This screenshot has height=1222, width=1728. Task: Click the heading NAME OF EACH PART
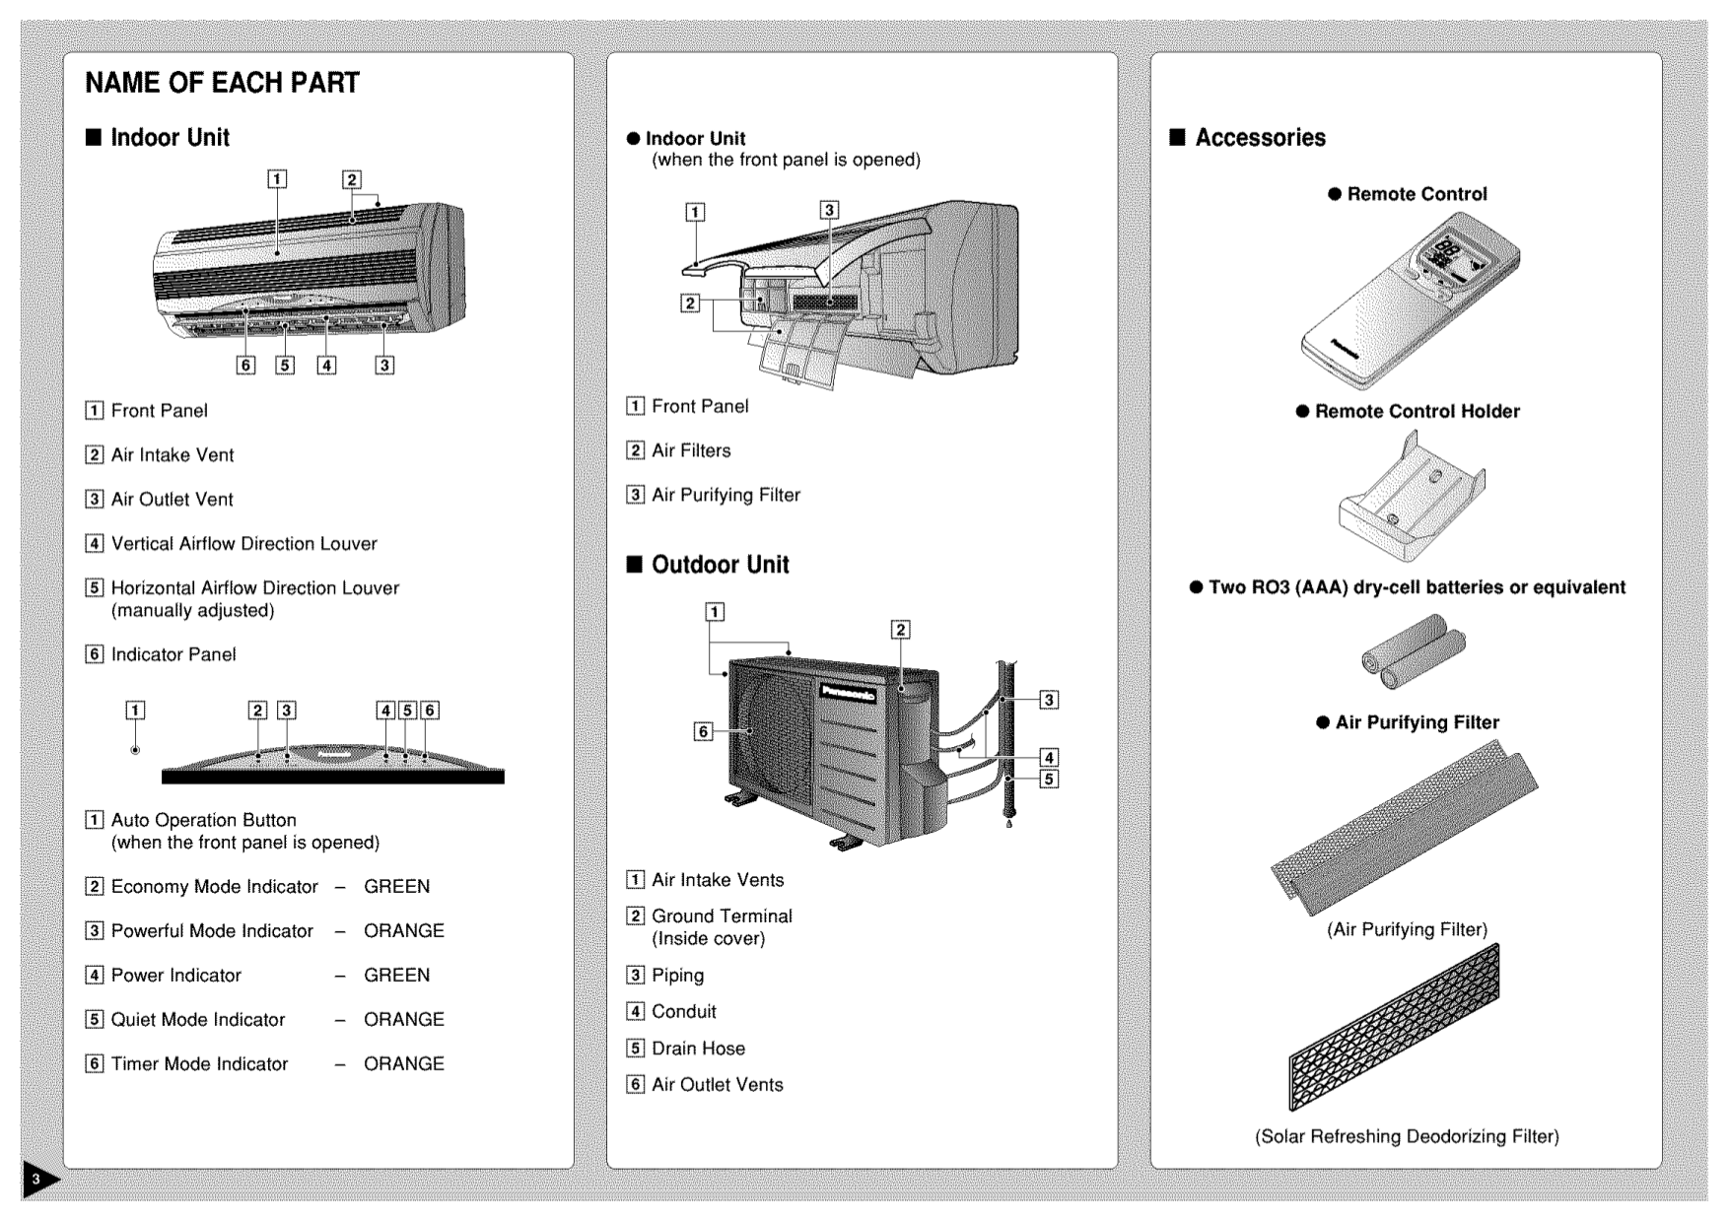click(x=222, y=83)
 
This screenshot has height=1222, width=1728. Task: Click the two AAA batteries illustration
click(x=1413, y=651)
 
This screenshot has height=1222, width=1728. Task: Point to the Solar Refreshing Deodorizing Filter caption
click(x=1407, y=1136)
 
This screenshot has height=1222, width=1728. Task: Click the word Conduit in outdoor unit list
click(x=683, y=1011)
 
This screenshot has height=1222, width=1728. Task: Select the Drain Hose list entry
click(x=698, y=1049)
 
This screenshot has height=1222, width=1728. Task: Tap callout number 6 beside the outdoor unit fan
click(x=703, y=731)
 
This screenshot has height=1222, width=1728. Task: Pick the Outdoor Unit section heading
click(x=720, y=565)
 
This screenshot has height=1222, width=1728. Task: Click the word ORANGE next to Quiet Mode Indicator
click(x=403, y=1019)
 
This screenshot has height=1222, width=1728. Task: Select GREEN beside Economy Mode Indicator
click(x=396, y=886)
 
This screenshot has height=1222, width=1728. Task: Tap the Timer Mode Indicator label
click(x=199, y=1063)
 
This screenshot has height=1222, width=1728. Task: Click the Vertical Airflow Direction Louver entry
click(x=243, y=543)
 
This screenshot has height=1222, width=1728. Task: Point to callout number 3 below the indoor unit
click(x=384, y=365)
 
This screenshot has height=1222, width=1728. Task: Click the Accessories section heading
click(x=1260, y=138)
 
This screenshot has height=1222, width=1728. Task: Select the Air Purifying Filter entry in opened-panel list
click(x=726, y=495)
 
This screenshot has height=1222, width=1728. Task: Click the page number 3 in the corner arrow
click(x=35, y=1179)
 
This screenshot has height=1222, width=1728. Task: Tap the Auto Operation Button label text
click(x=203, y=820)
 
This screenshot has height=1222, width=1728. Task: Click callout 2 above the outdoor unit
click(x=900, y=630)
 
